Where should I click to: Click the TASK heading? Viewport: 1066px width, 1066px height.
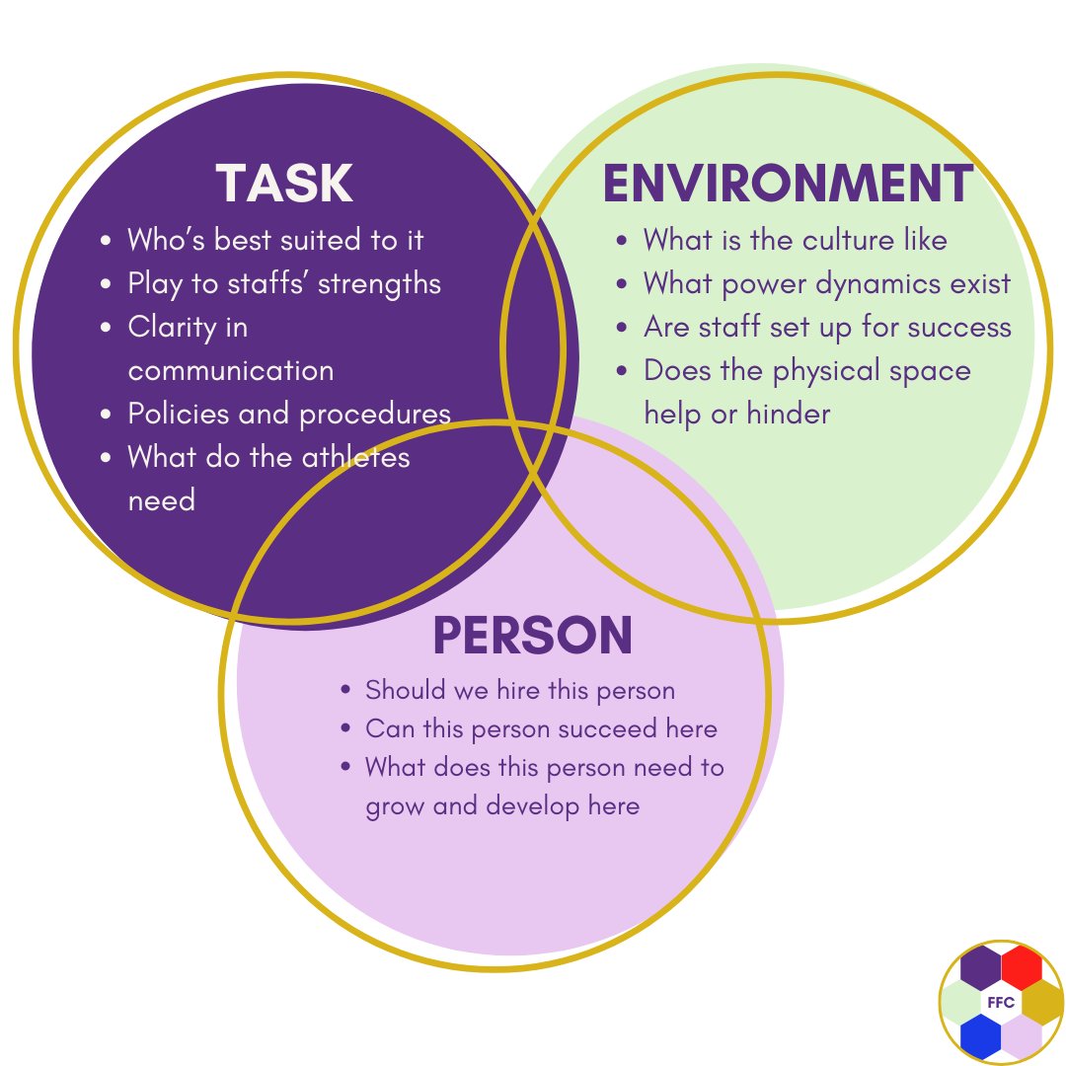(284, 184)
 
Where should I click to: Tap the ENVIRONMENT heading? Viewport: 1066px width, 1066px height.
(788, 184)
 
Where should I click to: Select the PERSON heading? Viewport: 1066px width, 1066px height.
(533, 636)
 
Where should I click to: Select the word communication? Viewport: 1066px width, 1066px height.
(231, 371)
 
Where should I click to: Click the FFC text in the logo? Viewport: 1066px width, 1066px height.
(1001, 1003)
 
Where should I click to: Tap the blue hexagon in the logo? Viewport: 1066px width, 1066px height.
(980, 1036)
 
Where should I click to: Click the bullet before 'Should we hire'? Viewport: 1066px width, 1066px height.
(345, 691)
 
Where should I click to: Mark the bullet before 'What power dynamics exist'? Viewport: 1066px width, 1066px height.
(622, 284)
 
